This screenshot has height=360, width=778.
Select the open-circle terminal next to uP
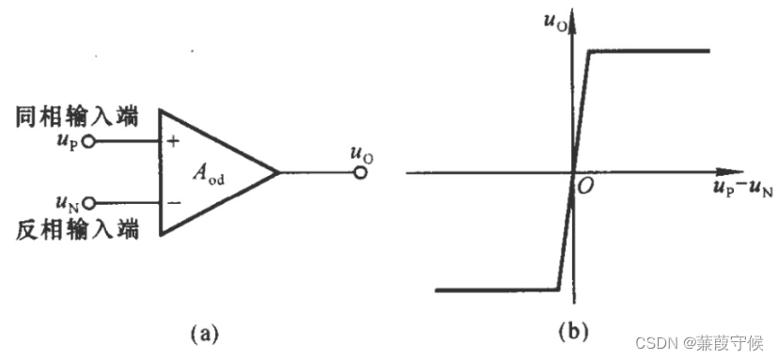tap(89, 143)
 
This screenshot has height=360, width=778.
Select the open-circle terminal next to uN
tap(89, 202)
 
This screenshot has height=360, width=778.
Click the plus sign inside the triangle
tap(173, 143)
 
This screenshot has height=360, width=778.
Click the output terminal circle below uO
tap(359, 173)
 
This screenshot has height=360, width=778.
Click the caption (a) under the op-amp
tap(206, 332)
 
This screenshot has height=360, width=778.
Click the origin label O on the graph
tap(584, 188)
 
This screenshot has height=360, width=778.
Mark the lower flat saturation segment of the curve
tap(498, 290)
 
